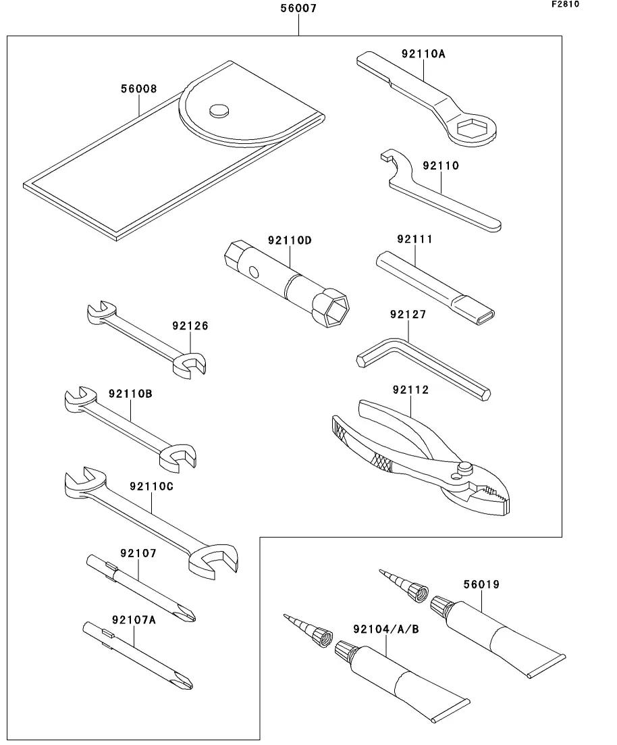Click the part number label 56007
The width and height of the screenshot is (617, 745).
click(298, 8)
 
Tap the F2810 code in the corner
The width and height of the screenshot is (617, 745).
click(565, 4)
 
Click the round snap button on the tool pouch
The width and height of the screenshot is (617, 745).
click(219, 110)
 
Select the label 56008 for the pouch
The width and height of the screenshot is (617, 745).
click(138, 89)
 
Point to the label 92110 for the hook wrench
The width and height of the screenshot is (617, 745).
click(441, 166)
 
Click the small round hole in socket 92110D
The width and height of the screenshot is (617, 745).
click(254, 272)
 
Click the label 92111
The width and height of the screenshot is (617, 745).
click(414, 239)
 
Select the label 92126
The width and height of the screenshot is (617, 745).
click(190, 326)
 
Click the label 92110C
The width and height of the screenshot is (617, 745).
click(151, 487)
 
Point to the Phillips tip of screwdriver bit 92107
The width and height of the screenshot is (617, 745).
click(187, 613)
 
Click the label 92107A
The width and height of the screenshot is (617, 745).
click(134, 620)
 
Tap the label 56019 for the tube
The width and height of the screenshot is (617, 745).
click(481, 584)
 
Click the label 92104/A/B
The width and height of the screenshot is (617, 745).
click(385, 630)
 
